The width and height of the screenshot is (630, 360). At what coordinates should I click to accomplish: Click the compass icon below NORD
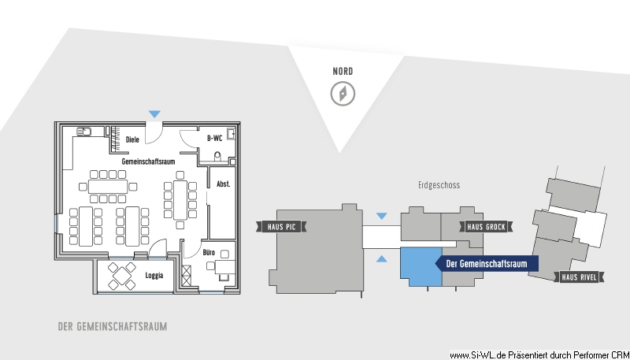(343, 94)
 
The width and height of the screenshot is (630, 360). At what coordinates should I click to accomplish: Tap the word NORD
(343, 72)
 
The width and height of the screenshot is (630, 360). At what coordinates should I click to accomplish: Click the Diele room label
(132, 139)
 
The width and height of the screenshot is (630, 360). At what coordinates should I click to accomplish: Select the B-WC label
(214, 138)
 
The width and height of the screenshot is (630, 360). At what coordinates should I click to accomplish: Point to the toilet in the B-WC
(218, 156)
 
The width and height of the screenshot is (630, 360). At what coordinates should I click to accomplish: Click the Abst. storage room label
(224, 184)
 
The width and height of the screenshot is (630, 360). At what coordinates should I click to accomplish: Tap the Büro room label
(209, 252)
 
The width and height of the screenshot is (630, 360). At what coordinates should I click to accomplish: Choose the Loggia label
(154, 276)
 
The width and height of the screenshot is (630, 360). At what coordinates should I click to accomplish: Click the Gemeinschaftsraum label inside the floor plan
(148, 161)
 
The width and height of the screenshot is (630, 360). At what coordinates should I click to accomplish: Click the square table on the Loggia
(122, 276)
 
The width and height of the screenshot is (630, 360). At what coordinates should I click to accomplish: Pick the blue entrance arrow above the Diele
(154, 114)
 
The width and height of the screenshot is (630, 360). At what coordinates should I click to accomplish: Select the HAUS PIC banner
(281, 227)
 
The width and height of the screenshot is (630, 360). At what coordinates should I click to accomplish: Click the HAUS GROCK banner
(486, 227)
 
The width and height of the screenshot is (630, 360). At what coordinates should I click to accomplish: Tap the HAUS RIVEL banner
(579, 276)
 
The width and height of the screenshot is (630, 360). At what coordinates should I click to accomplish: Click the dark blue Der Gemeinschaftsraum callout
(487, 264)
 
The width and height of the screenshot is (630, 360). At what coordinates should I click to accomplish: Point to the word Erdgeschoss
(439, 185)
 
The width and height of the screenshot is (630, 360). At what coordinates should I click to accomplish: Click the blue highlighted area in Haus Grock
(421, 266)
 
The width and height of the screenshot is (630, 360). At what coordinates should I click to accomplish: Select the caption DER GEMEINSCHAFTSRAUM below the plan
(113, 326)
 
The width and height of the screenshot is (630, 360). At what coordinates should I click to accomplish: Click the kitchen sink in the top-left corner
(84, 132)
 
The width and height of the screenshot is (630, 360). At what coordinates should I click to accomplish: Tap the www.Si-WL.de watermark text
(539, 355)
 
